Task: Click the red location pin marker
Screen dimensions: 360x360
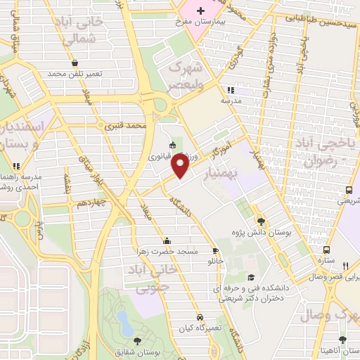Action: tap(181, 165)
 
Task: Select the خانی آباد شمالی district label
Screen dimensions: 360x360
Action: tap(83, 31)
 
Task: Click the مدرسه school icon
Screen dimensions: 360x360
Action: tap(231, 91)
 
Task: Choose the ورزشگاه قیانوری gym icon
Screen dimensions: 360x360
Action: tap(173, 146)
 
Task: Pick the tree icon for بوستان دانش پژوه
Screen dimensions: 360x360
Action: tap(261, 219)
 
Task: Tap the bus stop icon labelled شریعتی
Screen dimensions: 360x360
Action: tap(349, 190)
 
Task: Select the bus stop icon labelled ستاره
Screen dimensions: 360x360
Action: tap(326, 250)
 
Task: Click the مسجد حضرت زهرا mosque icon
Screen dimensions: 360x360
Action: tap(166, 240)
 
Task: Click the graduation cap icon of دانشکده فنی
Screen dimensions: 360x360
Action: tap(252, 278)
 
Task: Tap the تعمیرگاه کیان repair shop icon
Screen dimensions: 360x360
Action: tap(202, 317)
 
